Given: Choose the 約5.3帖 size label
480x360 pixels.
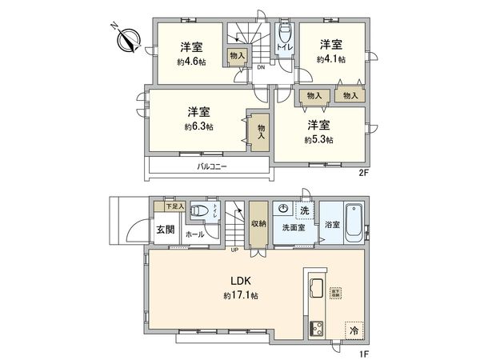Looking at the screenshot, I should pos(319,139).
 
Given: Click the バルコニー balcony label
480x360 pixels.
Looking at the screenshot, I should pos(213,167).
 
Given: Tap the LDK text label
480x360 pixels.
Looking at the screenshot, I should pos(242,282).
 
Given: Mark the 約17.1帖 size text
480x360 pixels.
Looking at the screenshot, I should pos(242,295).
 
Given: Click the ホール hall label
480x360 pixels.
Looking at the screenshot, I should pos(194,235).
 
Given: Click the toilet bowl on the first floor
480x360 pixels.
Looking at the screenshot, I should pos(202,212).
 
